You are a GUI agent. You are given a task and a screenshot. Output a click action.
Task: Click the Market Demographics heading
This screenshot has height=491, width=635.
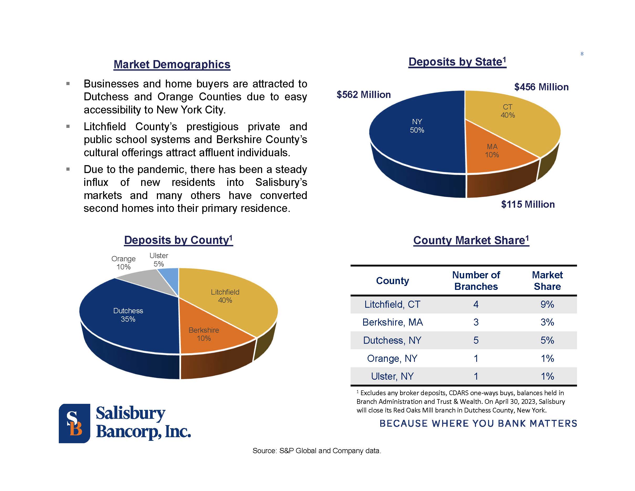(172, 64)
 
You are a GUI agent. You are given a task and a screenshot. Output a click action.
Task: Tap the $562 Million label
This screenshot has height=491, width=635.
(363, 95)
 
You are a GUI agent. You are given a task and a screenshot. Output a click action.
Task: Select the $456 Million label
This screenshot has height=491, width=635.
(541, 87)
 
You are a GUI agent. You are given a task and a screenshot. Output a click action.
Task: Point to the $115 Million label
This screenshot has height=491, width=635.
(528, 204)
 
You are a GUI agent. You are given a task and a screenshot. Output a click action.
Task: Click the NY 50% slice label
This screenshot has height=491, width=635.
(417, 126)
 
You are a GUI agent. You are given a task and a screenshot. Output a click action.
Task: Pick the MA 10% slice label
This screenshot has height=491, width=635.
(492, 151)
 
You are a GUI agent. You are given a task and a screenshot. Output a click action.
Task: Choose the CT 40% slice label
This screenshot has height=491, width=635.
(508, 111)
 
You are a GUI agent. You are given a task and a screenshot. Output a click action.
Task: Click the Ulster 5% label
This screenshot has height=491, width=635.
(159, 260)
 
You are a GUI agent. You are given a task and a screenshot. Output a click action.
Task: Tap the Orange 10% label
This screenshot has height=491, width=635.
(124, 263)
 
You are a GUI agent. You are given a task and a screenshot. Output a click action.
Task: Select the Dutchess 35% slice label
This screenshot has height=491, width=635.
(128, 315)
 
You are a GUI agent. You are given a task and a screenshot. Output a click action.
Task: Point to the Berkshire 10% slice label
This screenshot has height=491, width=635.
(204, 334)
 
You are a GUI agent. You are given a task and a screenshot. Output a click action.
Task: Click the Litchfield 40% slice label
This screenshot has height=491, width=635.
(225, 296)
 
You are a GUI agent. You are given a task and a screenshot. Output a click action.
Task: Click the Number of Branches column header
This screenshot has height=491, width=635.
(476, 281)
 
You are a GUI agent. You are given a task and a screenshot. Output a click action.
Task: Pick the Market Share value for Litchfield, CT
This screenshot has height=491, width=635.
(547, 304)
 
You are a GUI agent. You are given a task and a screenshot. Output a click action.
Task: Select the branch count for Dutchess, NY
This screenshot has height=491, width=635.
(476, 340)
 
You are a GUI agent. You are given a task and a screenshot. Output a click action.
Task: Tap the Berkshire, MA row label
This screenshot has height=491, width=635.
(393, 322)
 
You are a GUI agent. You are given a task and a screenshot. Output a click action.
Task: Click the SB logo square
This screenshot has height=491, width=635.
(75, 423)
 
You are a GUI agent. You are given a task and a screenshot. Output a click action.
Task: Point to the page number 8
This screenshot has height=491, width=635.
(582, 54)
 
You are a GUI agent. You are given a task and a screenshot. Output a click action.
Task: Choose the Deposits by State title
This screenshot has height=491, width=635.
(457, 62)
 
